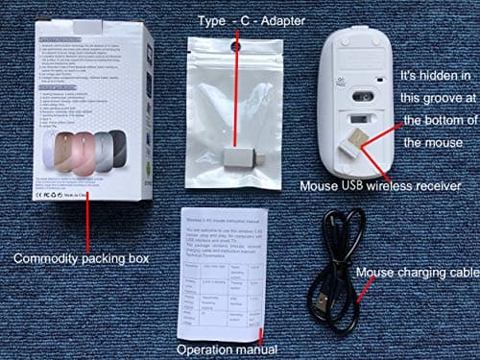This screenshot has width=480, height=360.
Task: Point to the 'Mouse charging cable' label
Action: coord(417,275)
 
